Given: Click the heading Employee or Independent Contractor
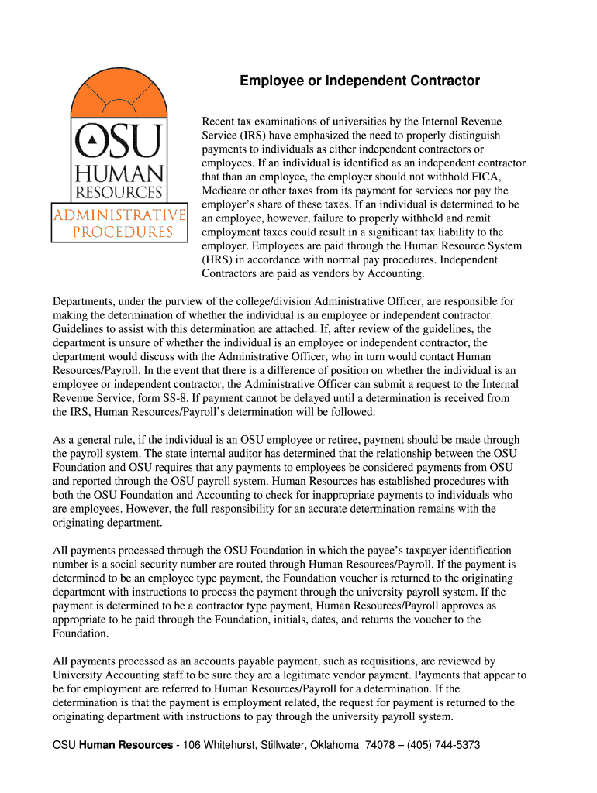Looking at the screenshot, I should pos(359,81).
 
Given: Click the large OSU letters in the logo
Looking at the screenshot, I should pos(119,142).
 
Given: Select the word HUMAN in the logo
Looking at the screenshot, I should pos(119,174).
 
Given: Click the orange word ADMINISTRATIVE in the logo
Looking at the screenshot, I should pos(119,215).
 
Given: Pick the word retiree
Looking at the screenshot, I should pos(339,440).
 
